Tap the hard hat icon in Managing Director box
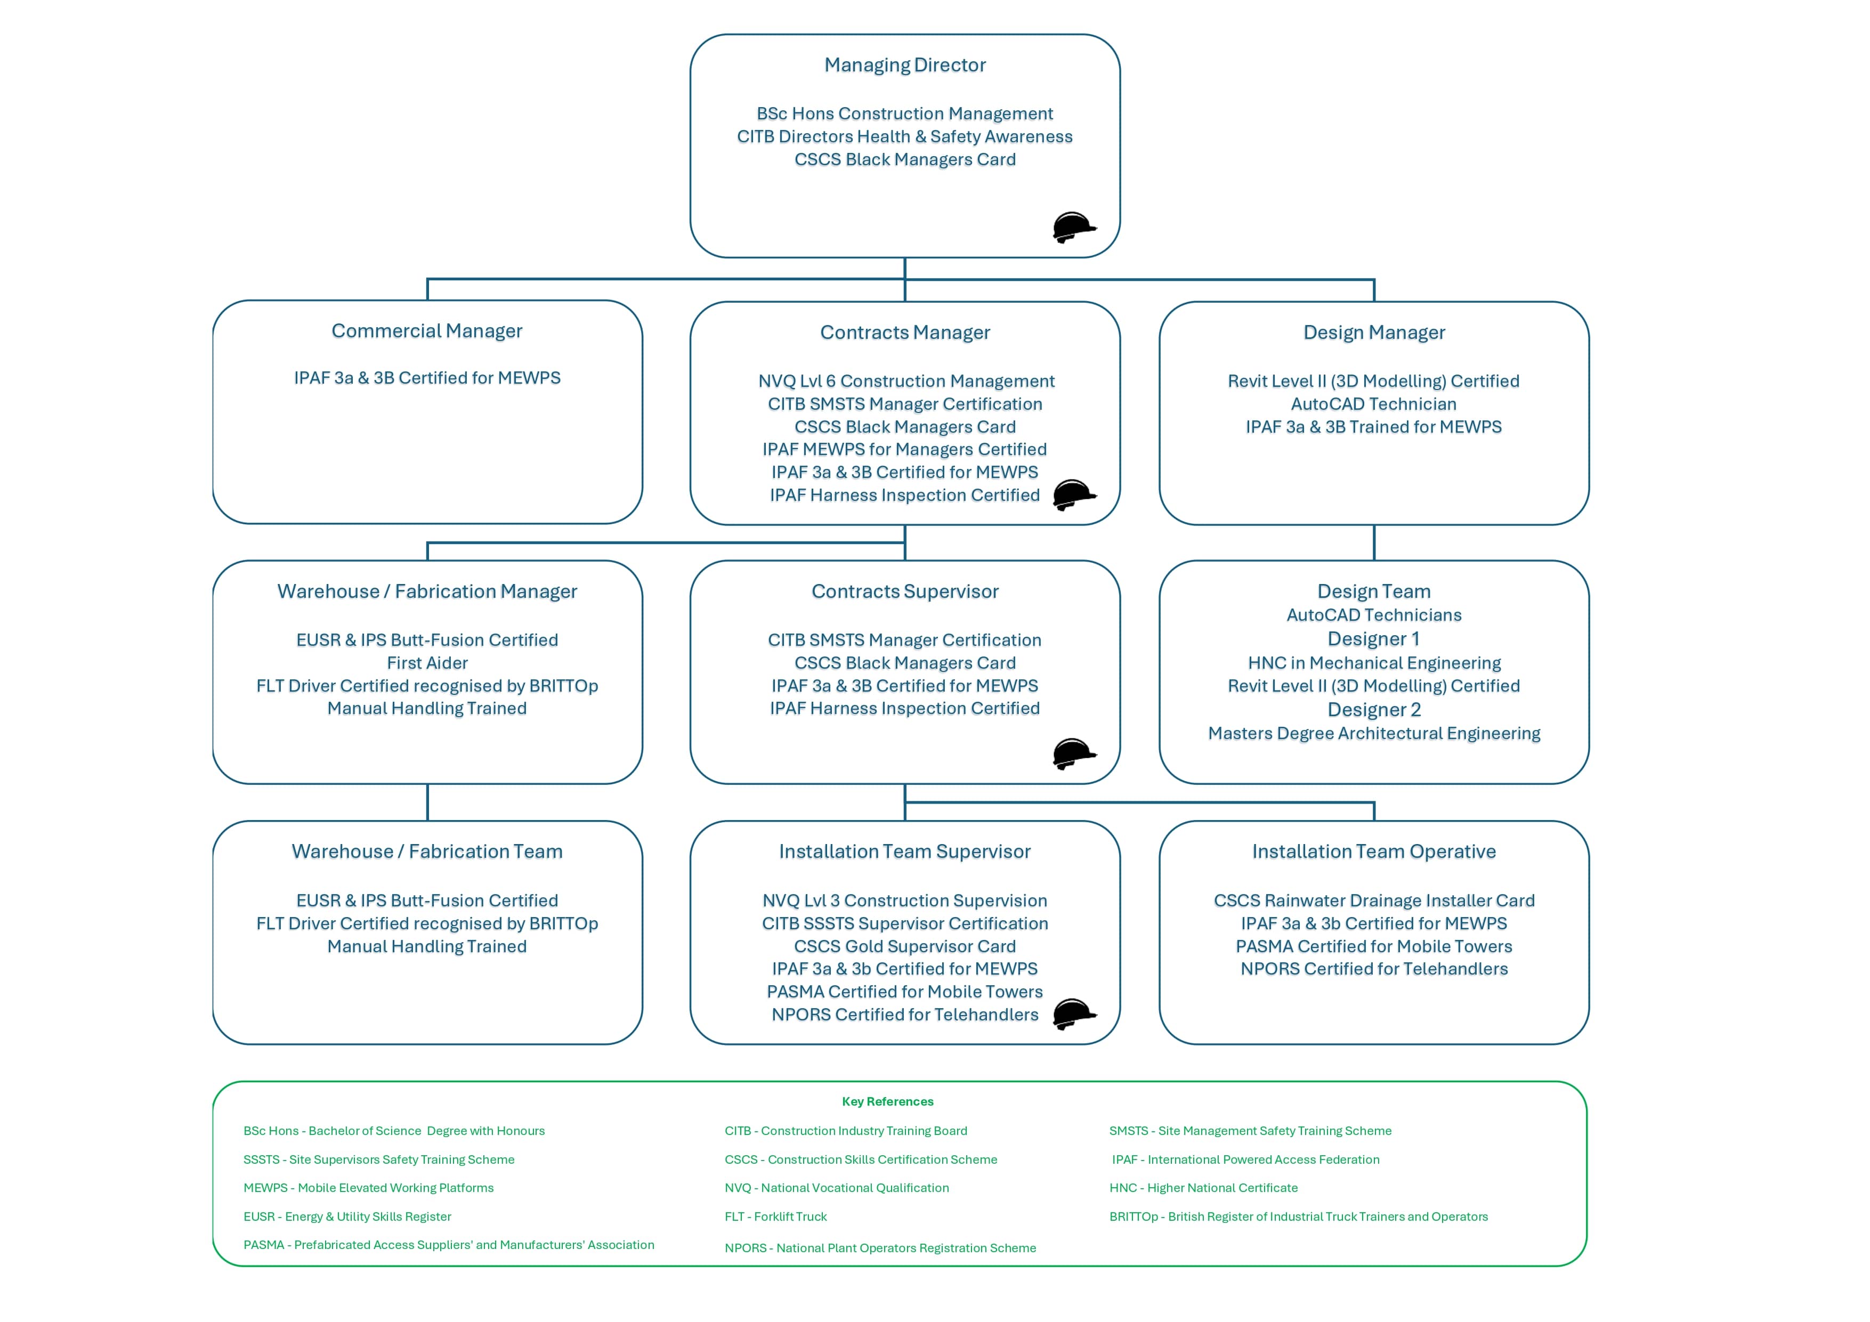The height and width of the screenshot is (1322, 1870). pyautogui.click(x=1073, y=227)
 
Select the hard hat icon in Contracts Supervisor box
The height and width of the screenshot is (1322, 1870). pyautogui.click(x=1073, y=753)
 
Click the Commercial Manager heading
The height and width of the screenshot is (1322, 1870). pyautogui.click(x=427, y=331)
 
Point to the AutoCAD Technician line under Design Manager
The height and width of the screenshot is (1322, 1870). pyautogui.click(x=1373, y=404)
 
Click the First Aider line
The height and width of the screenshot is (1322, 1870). pyautogui.click(x=427, y=663)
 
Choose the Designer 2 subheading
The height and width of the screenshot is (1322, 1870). pyautogui.click(x=1373, y=709)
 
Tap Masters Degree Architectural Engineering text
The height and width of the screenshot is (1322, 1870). pyautogui.click(x=1373, y=733)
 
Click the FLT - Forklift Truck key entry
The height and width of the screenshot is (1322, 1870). pyautogui.click(x=775, y=1216)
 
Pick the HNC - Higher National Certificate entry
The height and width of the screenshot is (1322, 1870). pyautogui.click(x=1203, y=1188)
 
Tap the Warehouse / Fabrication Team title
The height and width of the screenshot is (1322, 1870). pyautogui.click(x=427, y=851)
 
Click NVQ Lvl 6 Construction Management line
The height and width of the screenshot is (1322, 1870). pyautogui.click(x=905, y=381)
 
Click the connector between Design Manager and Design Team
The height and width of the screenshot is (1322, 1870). pyautogui.click(x=1374, y=542)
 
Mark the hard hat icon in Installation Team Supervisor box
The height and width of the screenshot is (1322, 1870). pyautogui.click(x=1073, y=1014)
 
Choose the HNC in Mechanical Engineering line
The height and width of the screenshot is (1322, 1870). pyautogui.click(x=1373, y=663)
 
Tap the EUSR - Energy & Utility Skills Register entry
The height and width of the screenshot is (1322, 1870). pyautogui.click(x=347, y=1216)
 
